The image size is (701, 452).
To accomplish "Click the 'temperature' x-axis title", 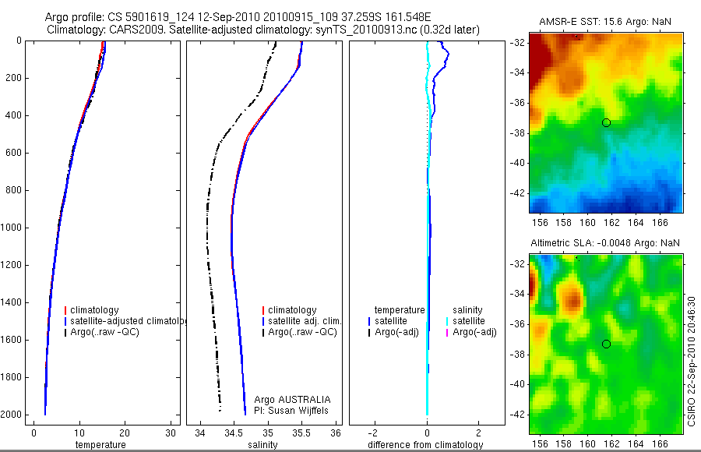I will click(x=100, y=445).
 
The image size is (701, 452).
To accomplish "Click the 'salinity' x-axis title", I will click(x=262, y=445).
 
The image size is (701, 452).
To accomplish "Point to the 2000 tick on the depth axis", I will click(x=12, y=415).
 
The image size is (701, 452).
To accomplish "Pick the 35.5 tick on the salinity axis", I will click(x=302, y=433).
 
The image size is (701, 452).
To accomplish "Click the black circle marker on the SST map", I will click(x=606, y=122).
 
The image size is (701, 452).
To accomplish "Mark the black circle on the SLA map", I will click(x=606, y=344).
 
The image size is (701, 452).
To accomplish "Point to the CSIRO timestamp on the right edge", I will click(x=692, y=359).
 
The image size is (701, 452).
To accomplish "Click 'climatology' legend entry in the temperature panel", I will click(x=98, y=310).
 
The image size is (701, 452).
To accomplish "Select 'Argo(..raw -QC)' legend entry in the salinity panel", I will click(x=302, y=332).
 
